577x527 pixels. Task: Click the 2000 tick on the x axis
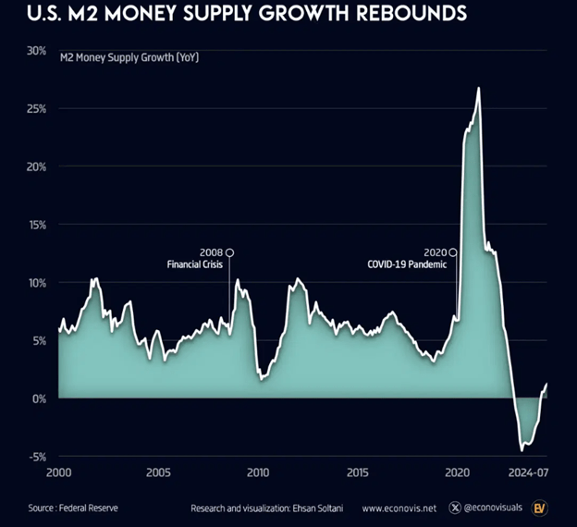(x=58, y=472)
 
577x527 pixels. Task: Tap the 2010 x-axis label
(x=258, y=472)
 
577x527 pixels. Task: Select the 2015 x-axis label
(x=358, y=472)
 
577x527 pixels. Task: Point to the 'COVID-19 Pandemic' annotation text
(x=407, y=264)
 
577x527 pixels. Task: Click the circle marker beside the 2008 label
(x=230, y=252)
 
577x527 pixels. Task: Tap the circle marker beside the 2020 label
(x=452, y=252)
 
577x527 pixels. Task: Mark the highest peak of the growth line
(x=478, y=89)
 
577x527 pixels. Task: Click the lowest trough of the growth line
(x=522, y=450)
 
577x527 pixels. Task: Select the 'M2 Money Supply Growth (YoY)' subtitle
(x=129, y=58)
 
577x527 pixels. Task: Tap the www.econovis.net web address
(x=399, y=508)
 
